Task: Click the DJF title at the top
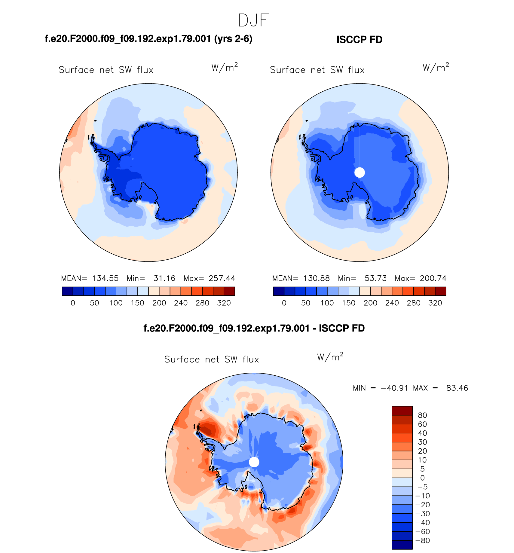[x=253, y=20]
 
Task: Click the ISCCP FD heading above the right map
[x=359, y=40]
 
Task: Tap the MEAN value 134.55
[x=105, y=278]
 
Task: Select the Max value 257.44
[x=222, y=278]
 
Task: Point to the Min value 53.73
[x=375, y=278]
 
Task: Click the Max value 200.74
[x=433, y=278]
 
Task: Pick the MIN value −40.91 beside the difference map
[x=394, y=388]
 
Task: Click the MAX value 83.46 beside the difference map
[x=457, y=388]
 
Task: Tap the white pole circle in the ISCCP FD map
[x=359, y=173]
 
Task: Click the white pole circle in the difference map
[x=254, y=462]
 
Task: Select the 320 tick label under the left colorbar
[x=224, y=303]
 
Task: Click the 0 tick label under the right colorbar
[x=284, y=303]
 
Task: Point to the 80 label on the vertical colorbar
[x=422, y=415]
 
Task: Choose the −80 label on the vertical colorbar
[x=423, y=540]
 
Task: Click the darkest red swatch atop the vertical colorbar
[x=402, y=411]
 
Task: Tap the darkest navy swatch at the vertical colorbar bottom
[x=402, y=545]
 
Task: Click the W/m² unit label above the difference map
[x=330, y=357]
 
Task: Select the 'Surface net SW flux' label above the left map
[x=106, y=70]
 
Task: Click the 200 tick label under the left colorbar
[x=159, y=303]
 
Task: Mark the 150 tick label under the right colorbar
[x=349, y=303]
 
